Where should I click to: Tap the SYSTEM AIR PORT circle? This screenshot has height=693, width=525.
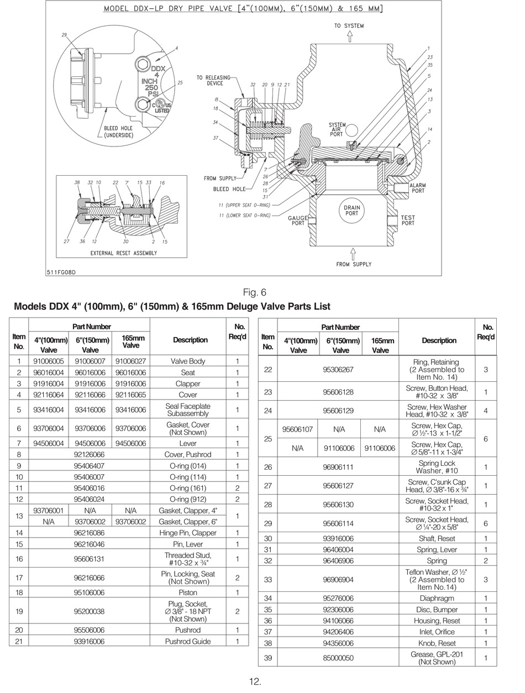(351, 130)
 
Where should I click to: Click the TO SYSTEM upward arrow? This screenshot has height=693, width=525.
(349, 36)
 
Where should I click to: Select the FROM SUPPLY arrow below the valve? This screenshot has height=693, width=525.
(353, 254)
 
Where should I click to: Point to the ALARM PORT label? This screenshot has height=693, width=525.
(418, 188)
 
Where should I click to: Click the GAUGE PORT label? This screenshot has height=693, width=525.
(297, 221)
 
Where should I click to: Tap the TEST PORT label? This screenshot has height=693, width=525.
(407, 220)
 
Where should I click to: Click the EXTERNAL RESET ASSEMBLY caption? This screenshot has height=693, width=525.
(123, 253)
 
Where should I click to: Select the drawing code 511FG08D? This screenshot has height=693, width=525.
(61, 272)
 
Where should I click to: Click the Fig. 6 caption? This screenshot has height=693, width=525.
(254, 292)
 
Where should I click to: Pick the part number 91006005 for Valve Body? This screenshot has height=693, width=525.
(48, 361)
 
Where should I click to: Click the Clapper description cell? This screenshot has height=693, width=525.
(188, 384)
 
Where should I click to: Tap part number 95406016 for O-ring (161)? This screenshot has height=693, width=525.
(89, 488)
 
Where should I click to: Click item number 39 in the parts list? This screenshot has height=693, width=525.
(267, 658)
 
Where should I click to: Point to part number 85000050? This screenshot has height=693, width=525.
(338, 658)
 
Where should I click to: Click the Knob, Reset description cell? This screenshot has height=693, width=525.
(437, 643)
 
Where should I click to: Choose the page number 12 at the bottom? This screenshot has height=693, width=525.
(255, 681)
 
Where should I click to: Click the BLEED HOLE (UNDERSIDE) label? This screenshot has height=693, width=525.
(118, 132)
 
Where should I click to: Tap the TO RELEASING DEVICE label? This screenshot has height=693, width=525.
(213, 80)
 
